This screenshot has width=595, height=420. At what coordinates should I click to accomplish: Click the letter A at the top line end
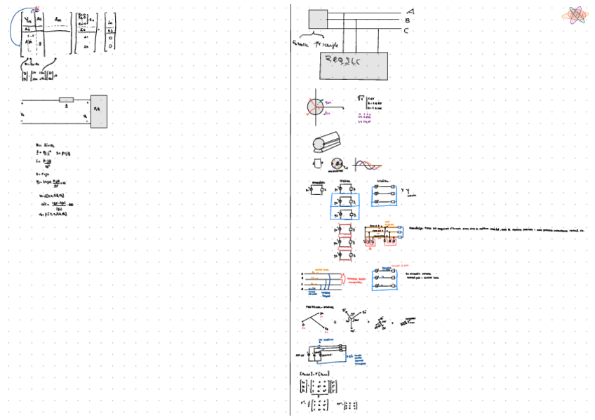click(410, 11)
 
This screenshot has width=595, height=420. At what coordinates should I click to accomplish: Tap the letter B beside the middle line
click(408, 20)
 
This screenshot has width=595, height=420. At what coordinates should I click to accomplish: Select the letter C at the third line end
click(406, 30)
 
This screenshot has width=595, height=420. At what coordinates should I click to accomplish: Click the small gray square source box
click(318, 19)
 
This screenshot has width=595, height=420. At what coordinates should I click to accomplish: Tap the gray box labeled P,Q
click(98, 111)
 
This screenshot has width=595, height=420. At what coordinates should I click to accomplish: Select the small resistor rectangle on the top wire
click(66, 100)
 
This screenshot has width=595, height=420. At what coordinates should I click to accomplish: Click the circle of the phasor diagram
click(315, 107)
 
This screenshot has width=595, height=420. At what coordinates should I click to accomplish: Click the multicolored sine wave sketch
click(368, 164)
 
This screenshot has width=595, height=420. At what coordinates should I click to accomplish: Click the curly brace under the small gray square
click(310, 35)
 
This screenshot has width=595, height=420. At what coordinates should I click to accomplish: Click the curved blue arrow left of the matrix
click(13, 28)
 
